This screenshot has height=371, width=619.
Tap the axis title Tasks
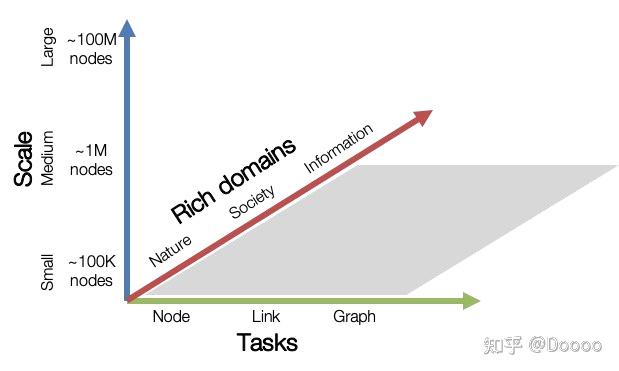coord(267,343)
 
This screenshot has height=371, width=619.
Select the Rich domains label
coord(234,180)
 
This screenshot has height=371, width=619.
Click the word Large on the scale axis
coord(48,46)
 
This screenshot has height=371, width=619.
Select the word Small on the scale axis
coord(48,272)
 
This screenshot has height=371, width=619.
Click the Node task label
coord(171,316)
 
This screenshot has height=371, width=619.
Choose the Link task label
coord(266,316)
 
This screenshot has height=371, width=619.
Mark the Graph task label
coord(354,316)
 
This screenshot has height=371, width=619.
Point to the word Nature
coord(171,247)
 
